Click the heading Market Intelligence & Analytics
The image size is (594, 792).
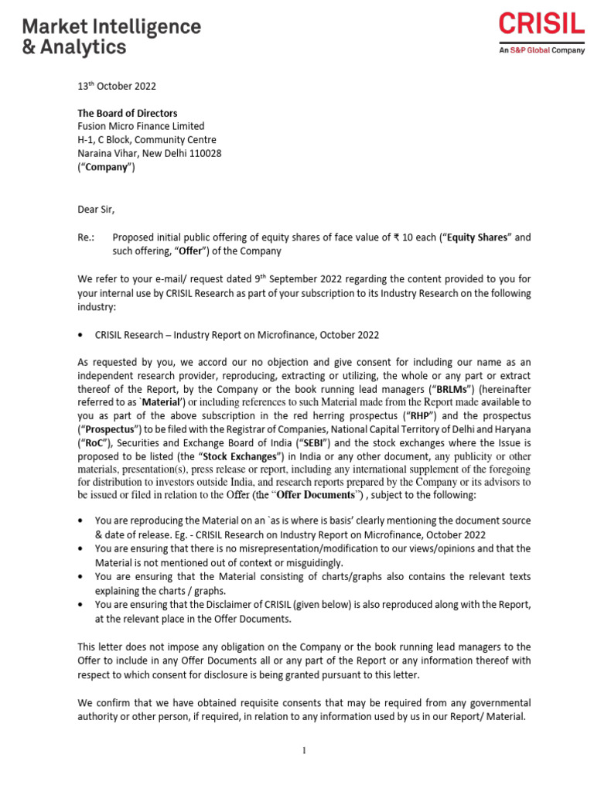(x=111, y=37)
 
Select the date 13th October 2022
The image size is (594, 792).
(x=117, y=87)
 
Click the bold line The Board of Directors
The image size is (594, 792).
(x=128, y=113)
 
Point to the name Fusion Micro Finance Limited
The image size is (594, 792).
(x=142, y=126)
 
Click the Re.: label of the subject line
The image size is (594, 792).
(x=87, y=237)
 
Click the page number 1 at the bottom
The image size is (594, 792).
(x=305, y=751)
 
